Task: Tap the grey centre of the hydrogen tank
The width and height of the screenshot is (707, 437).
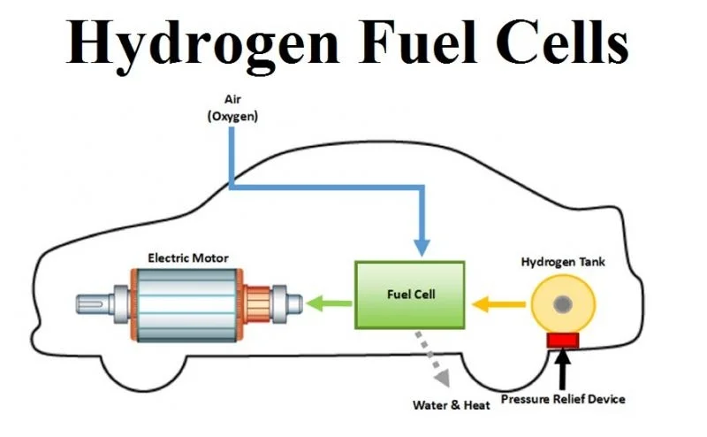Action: click(562, 306)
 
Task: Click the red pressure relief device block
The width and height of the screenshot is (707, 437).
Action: click(562, 340)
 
